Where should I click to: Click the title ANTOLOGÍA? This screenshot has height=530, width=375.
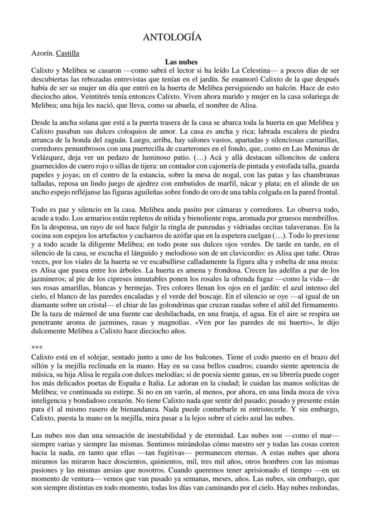pyautogui.click(x=172, y=38)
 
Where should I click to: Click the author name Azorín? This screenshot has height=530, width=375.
pyautogui.click(x=42, y=53)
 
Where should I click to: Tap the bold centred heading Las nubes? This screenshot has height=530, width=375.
pyautogui.click(x=181, y=62)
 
